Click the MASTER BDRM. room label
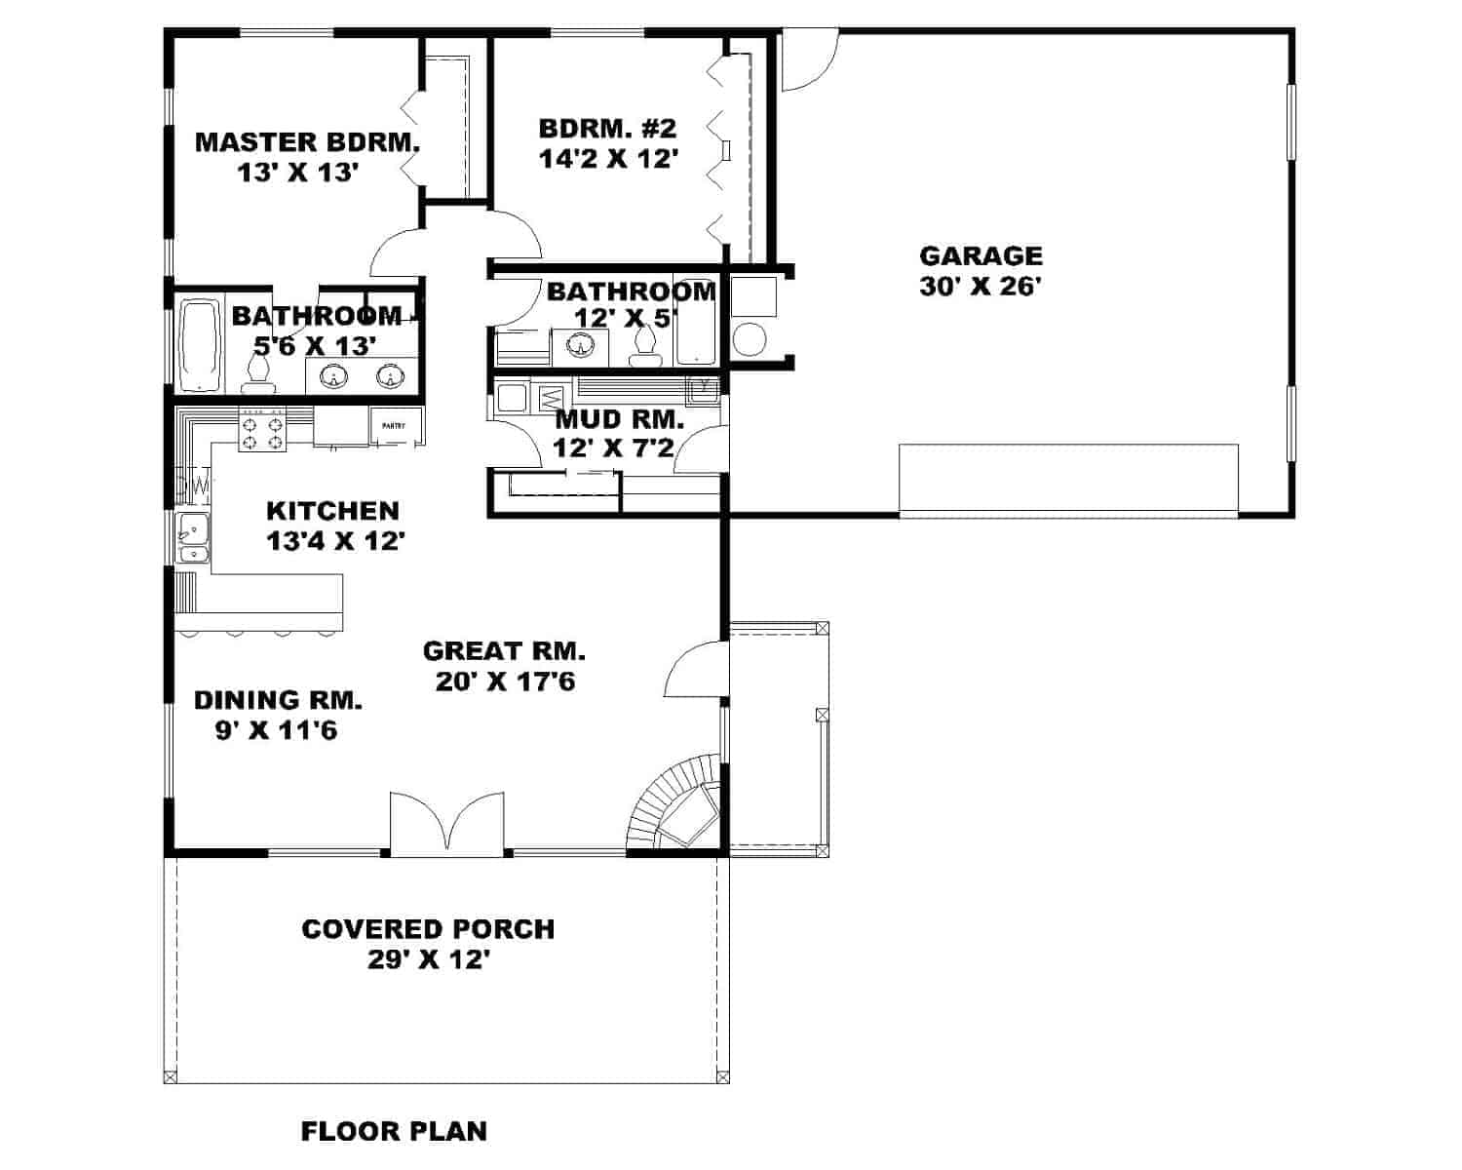click(307, 142)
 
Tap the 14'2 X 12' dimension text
click(608, 159)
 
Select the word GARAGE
click(981, 256)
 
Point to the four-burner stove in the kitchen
click(263, 430)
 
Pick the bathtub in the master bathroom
click(200, 344)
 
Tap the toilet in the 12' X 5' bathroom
click(644, 344)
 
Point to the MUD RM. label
click(619, 420)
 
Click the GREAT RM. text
click(504, 651)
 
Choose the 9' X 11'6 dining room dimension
click(277, 730)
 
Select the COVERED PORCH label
click(428, 929)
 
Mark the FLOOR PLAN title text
click(394, 1132)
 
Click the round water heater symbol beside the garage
click(751, 340)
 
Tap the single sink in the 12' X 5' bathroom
click(582, 345)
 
